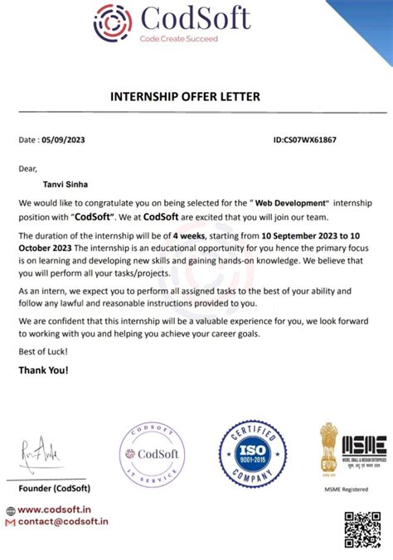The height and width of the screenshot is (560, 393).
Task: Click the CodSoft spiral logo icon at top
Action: (111, 22)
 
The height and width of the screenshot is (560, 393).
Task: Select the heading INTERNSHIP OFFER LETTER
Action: (185, 98)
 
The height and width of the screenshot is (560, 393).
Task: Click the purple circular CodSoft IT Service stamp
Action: (148, 455)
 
